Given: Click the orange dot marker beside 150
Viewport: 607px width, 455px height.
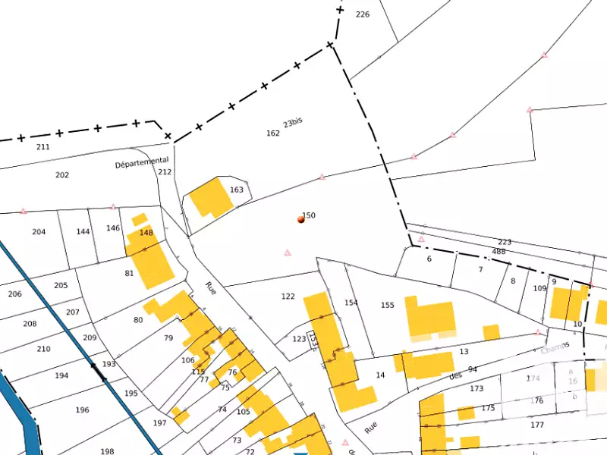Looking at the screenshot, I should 301,220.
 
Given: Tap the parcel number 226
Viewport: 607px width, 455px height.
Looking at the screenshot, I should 363,14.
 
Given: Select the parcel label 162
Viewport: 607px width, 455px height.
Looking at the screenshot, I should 273,133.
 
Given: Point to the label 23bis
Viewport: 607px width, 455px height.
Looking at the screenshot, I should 293,123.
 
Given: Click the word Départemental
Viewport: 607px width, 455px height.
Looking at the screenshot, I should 142,162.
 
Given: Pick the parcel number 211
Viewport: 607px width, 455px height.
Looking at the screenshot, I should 43,146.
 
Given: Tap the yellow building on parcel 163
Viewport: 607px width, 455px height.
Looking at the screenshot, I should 211,198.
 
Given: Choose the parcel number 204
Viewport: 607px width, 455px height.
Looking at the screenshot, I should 39,232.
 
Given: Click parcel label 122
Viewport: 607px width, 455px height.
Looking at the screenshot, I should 288,297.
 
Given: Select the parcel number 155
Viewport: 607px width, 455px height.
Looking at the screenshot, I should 388,306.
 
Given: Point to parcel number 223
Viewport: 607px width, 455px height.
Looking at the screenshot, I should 505,243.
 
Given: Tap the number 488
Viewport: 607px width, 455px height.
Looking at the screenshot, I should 498,252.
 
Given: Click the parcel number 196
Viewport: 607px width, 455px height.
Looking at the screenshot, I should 82,410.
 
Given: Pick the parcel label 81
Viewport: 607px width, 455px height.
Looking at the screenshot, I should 129,274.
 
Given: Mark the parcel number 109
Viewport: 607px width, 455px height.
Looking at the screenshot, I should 539,289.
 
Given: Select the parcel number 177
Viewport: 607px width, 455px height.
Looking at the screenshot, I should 537,425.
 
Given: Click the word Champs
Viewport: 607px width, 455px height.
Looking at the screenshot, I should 555,348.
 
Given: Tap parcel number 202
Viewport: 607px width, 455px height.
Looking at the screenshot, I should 62,175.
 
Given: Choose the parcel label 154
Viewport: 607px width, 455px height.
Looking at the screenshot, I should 351,303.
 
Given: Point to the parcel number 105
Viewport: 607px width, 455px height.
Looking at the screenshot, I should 243,412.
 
